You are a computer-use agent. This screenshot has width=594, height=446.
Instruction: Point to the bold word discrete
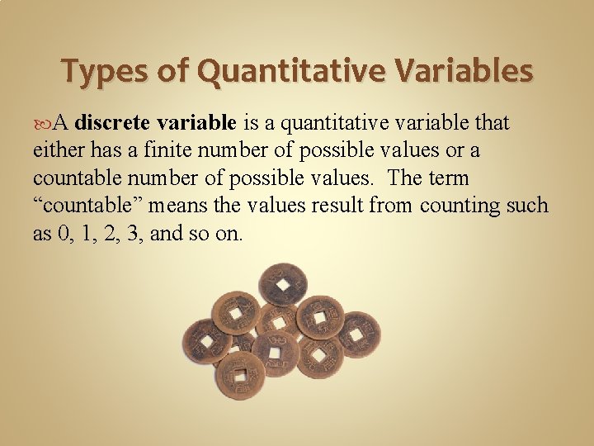111,123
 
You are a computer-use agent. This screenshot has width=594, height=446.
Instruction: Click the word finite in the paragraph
174,150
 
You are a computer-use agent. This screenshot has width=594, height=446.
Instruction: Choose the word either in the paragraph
56,150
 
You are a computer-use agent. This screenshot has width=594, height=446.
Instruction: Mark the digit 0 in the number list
65,233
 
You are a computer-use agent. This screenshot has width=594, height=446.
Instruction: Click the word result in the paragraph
339,205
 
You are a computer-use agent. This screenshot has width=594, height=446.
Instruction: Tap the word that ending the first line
493,123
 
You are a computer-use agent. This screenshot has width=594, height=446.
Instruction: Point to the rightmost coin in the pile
358,334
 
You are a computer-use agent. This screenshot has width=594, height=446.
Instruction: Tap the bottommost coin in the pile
240,375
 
